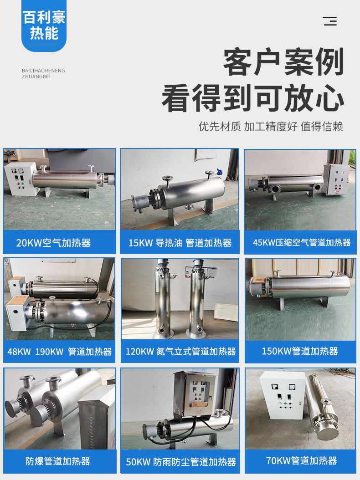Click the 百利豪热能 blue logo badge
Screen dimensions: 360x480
point(44,26)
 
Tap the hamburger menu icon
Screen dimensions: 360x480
point(329,21)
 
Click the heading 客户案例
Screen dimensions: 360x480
point(284,62)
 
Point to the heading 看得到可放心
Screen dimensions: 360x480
point(253,98)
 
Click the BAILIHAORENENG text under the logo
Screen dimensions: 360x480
point(43,71)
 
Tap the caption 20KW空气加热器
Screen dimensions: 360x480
point(54,243)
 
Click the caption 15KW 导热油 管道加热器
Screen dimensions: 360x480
point(180,243)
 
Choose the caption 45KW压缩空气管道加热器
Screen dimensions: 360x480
point(302,243)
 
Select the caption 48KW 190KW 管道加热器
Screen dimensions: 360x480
point(59,352)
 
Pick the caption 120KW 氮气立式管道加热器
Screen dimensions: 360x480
point(181,352)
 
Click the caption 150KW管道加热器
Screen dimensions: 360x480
point(300,351)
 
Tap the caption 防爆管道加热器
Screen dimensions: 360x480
point(58,461)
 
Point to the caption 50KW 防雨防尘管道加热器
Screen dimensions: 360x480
point(181,462)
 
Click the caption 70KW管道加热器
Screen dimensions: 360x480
point(302,460)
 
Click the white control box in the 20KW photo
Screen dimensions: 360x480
point(21,179)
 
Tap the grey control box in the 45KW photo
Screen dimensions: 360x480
point(336,179)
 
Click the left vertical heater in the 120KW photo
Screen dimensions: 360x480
point(162,298)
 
